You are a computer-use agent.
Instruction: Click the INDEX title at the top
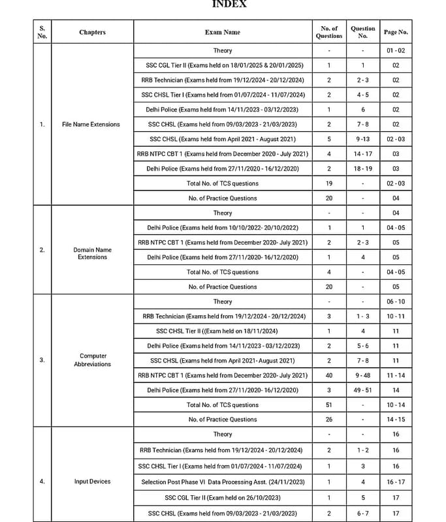click(229, 5)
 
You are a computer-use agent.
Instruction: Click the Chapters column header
click(92, 32)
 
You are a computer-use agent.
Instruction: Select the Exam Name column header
click(222, 32)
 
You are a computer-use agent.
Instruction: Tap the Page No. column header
click(396, 32)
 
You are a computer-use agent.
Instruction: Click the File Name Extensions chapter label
click(91, 124)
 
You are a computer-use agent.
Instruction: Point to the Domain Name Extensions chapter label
click(92, 253)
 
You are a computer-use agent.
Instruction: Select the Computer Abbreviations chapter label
click(92, 360)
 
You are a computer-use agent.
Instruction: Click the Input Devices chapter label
click(92, 482)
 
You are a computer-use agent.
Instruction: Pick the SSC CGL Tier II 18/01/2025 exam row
click(222, 65)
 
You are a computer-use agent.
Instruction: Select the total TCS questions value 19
click(329, 183)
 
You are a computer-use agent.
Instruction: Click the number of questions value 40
click(329, 375)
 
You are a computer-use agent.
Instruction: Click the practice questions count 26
click(329, 420)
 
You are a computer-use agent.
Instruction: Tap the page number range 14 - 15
click(396, 420)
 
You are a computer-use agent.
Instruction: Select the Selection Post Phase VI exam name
click(222, 482)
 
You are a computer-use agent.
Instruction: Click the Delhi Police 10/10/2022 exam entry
click(222, 228)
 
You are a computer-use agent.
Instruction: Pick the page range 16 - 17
click(396, 482)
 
